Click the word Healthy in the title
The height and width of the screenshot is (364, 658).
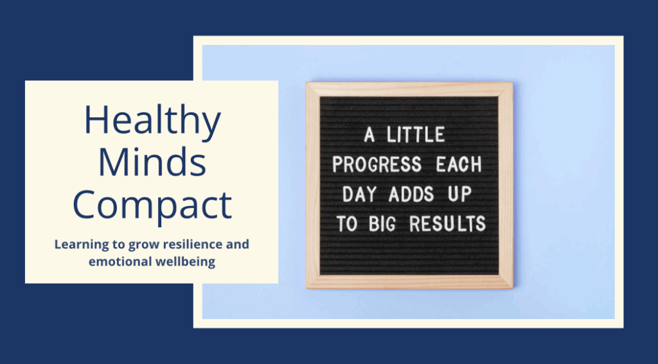(x=152, y=121)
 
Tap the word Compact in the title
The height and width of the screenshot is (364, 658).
(x=152, y=205)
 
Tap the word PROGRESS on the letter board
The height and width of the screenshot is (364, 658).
(x=377, y=164)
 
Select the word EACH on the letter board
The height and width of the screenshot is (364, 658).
(x=459, y=164)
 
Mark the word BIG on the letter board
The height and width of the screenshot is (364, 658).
(x=382, y=224)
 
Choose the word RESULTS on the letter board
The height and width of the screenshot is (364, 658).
(x=447, y=224)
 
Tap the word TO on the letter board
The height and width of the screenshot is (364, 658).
(x=346, y=224)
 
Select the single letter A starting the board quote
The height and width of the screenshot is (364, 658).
(x=369, y=135)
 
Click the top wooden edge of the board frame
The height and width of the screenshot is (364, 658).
(x=409, y=89)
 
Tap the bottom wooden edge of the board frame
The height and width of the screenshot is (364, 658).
(x=409, y=281)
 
